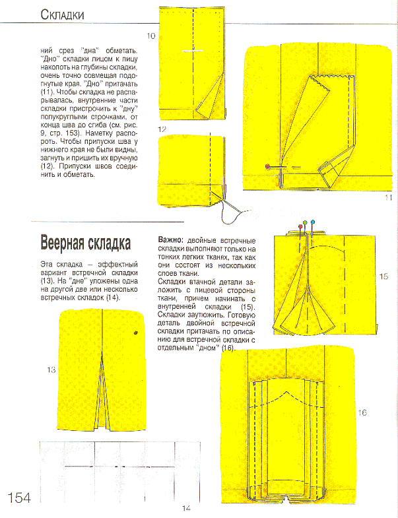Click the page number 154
[x=19, y=497]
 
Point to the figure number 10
[x=151, y=36]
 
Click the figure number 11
[x=388, y=197]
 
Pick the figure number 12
[x=162, y=130]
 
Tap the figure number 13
[x=51, y=370]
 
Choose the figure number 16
[x=362, y=412]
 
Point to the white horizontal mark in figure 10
[x=192, y=49]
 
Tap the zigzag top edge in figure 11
[x=330, y=78]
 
